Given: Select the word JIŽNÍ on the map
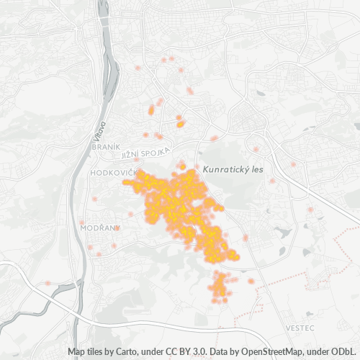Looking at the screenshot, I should [x=130, y=154].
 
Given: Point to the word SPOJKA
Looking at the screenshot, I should [x=156, y=150].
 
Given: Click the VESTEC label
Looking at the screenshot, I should [x=300, y=328].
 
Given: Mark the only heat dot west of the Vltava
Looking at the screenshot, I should [x=48, y=283].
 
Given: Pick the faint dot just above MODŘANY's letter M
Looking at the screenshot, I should [x=83, y=221].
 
